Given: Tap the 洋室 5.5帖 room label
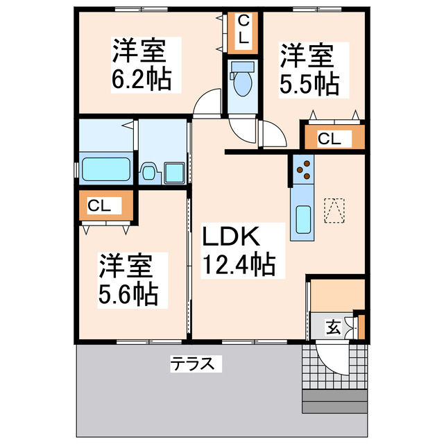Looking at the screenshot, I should tap(309, 68).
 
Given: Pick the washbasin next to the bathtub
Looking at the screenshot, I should tap(149, 172).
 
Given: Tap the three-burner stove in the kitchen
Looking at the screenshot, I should tap(302, 169).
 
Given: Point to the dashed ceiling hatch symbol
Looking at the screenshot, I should tap(334, 210).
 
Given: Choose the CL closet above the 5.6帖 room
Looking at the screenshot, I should tap(104, 206).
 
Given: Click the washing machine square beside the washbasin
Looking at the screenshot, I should tap(173, 172).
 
